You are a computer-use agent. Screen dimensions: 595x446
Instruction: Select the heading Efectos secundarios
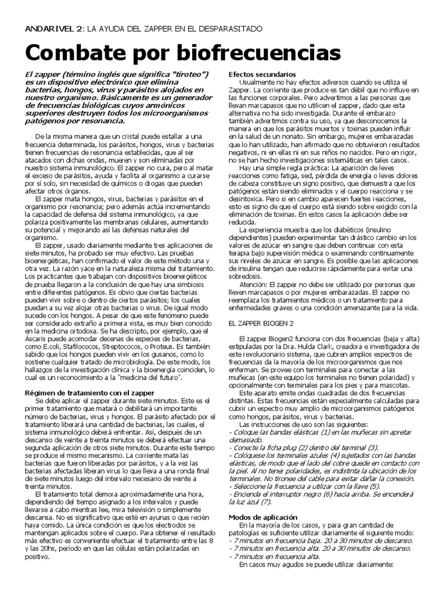tap(263, 75)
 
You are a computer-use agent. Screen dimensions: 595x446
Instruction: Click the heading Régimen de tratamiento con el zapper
tap(89, 393)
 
